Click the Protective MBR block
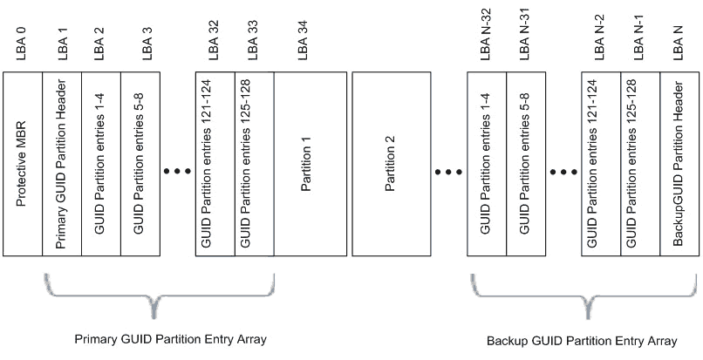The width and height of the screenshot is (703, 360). [x=23, y=164]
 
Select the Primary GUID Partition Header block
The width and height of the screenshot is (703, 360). [x=62, y=164]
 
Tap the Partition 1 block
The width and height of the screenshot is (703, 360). [x=312, y=164]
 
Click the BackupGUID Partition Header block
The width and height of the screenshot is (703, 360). [x=679, y=164]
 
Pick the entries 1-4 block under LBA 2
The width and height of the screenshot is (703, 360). [x=101, y=164]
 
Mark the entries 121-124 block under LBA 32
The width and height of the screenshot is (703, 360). [x=215, y=164]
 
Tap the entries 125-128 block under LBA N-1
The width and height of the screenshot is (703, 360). [x=640, y=164]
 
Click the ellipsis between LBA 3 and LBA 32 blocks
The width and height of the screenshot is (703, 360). [x=177, y=171]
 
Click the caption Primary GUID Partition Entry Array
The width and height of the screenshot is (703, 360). [x=158, y=338]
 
